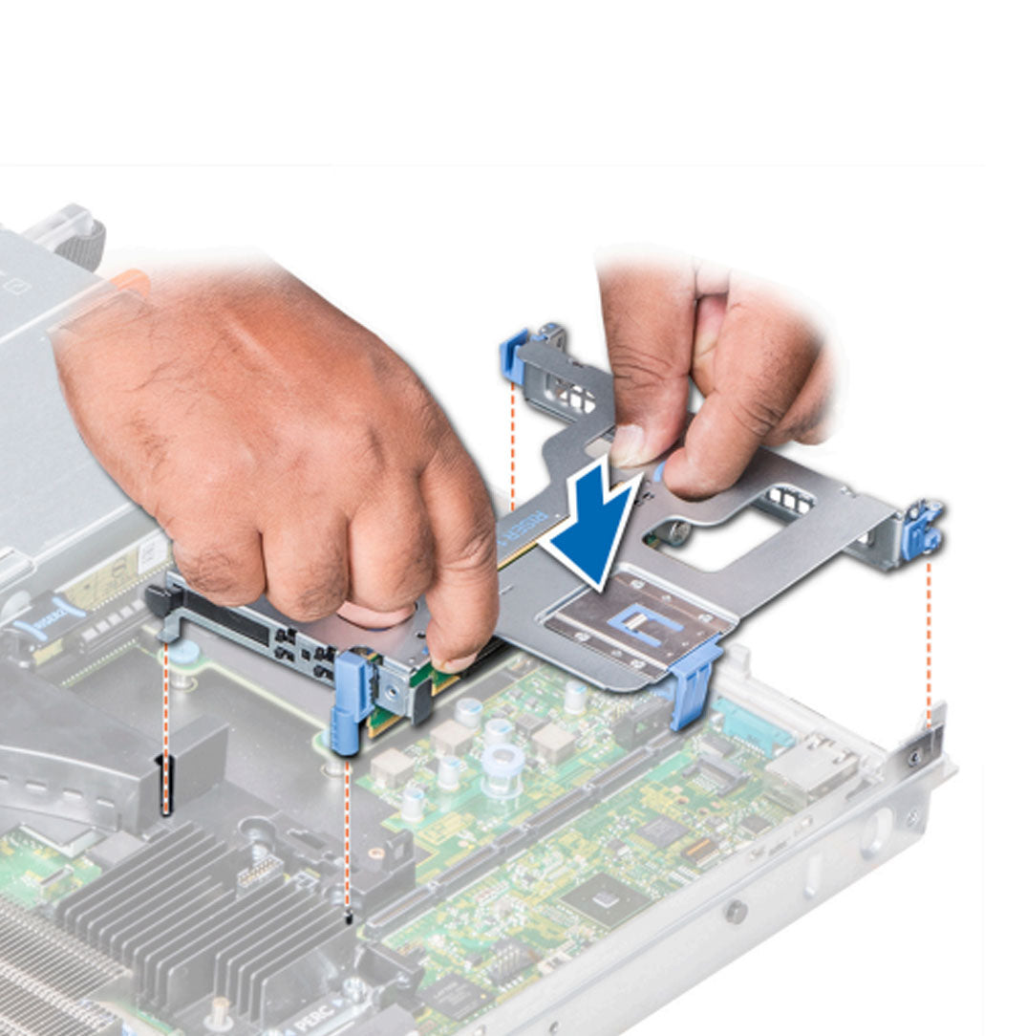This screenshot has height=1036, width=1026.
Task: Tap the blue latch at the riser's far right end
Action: click(x=924, y=529)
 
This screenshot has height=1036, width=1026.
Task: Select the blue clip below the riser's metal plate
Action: click(x=695, y=680)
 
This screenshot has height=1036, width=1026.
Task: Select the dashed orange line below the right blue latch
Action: click(x=929, y=640)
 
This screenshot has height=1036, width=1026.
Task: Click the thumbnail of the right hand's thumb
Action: click(x=627, y=446)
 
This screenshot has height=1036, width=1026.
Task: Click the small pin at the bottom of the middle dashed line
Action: click(x=348, y=919)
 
